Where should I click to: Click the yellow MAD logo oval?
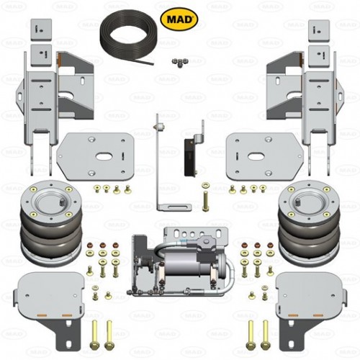179,19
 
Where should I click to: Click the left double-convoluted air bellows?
51,223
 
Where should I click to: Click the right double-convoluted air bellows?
309,223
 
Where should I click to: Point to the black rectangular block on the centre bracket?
189,157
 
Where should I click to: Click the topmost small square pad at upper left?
41,30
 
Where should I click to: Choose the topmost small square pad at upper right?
319,30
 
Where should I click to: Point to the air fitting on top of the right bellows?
298,200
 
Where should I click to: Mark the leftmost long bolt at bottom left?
94,334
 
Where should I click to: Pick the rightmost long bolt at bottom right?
266,334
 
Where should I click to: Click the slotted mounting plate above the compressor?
196,233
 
